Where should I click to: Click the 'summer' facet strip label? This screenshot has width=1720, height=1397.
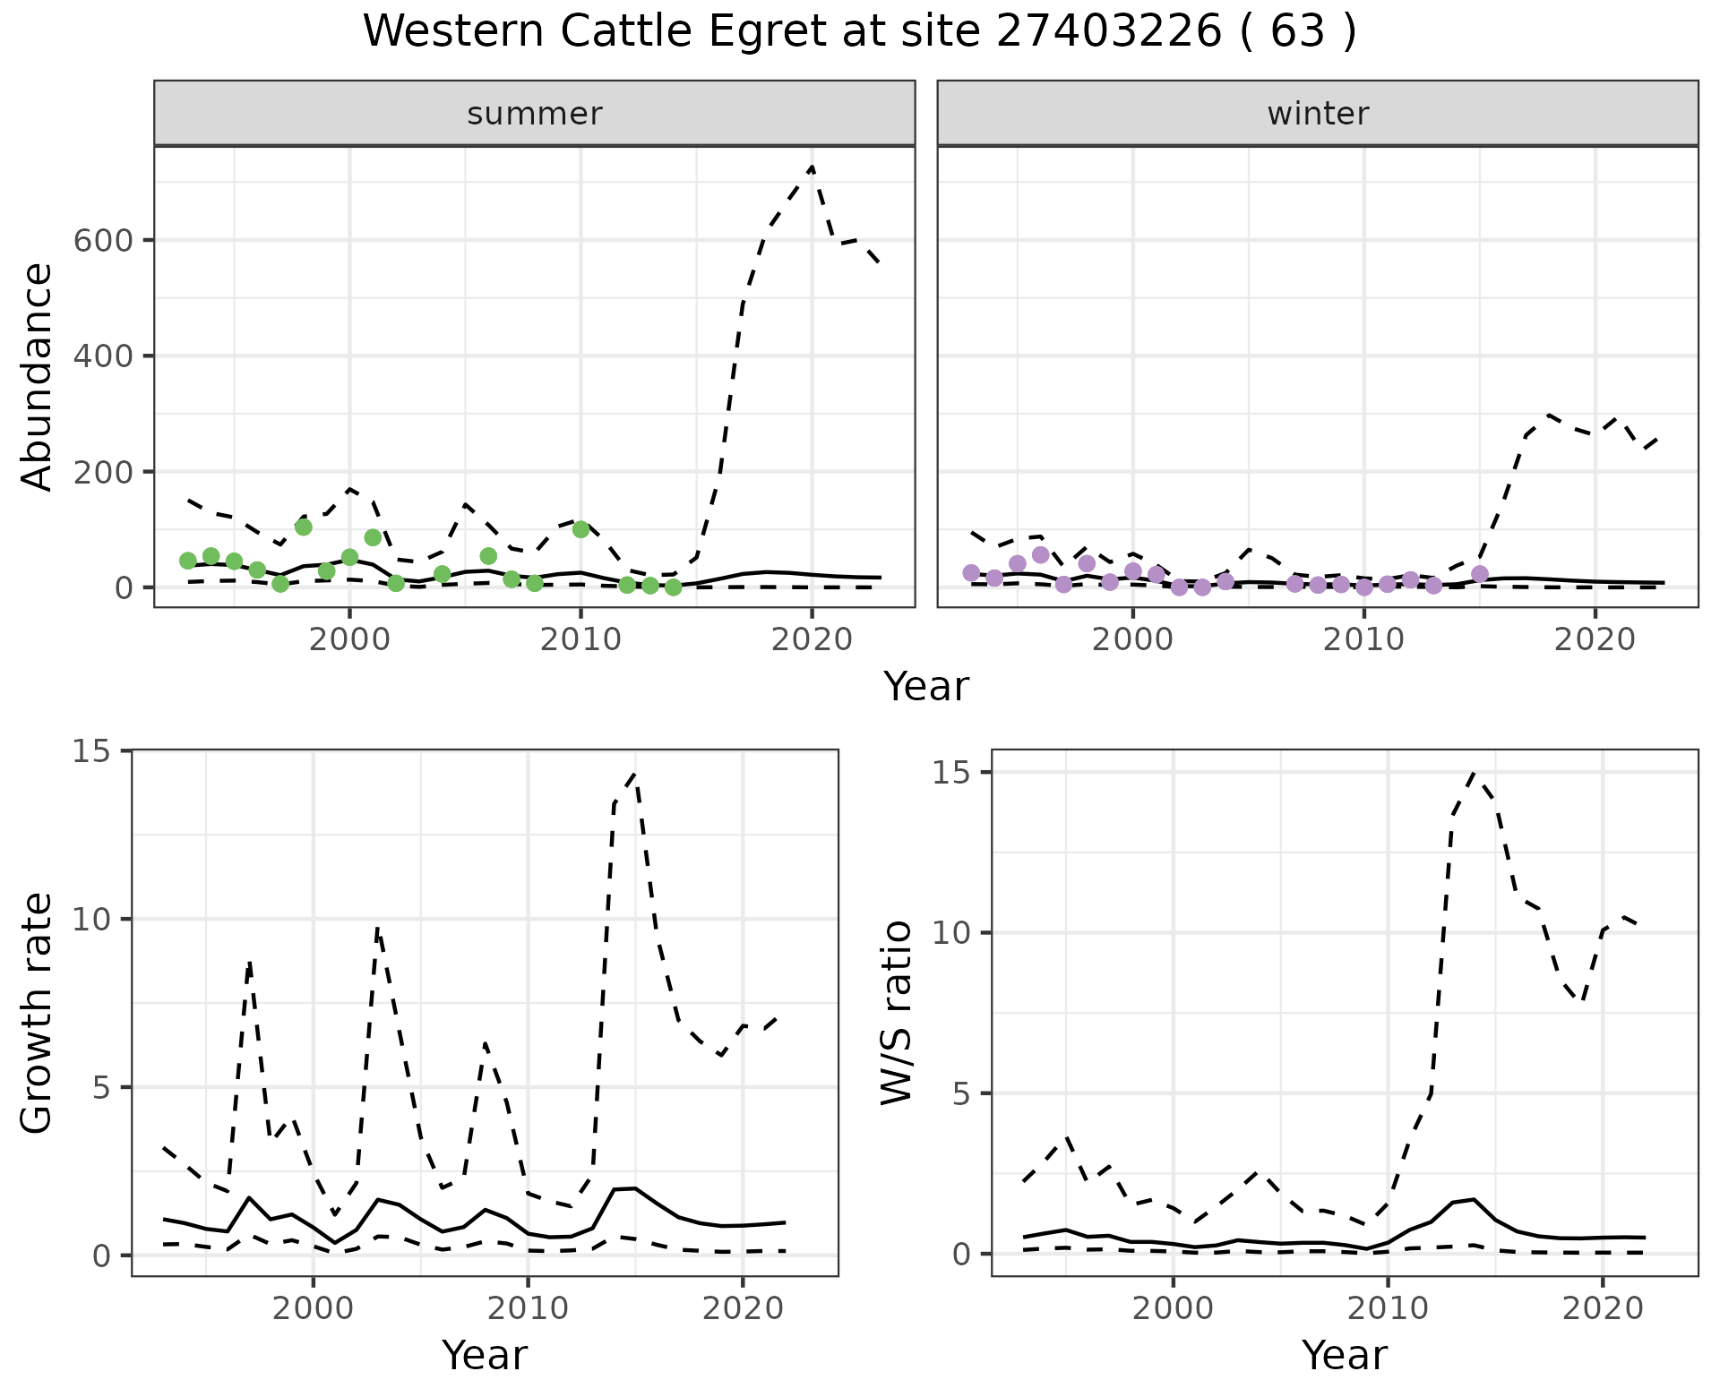(x=535, y=114)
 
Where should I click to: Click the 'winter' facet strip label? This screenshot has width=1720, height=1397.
(x=1318, y=114)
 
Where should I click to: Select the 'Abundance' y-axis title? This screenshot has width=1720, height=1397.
(x=38, y=376)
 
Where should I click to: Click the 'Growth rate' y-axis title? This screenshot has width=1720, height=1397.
(x=38, y=1014)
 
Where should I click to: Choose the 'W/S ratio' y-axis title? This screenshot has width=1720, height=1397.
(x=896, y=1012)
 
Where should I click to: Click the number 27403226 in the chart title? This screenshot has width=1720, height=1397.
(x=1109, y=32)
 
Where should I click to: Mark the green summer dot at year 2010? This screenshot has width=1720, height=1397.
(x=580, y=529)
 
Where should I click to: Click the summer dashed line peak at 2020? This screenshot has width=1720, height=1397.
(x=811, y=167)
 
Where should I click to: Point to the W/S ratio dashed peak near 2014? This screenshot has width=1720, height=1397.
(x=1474, y=773)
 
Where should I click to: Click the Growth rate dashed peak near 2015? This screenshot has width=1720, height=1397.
(x=635, y=774)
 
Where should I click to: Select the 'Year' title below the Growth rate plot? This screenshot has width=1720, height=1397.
(x=485, y=1355)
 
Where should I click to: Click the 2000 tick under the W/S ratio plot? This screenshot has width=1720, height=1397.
(x=1173, y=1308)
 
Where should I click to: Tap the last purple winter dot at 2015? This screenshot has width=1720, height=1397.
(x=1480, y=574)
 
